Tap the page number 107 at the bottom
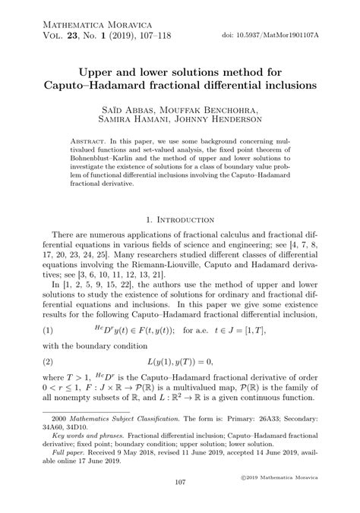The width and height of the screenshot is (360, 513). [180, 503]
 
